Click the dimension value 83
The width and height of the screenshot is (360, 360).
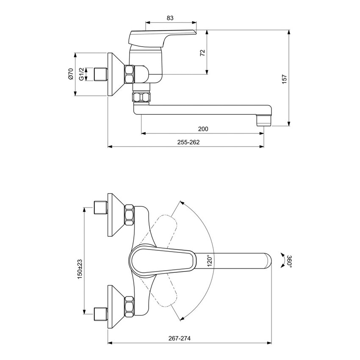point(170,18)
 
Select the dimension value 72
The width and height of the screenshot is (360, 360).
point(202,53)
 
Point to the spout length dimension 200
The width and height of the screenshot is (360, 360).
point(203,129)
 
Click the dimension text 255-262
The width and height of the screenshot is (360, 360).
point(186,142)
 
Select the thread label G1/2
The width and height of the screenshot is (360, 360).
point(81,75)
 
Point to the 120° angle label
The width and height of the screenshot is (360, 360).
point(208,260)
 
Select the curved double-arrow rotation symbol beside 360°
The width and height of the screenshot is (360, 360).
point(282,260)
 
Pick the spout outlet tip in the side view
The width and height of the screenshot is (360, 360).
point(263,121)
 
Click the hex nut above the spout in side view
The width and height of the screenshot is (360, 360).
point(141,97)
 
